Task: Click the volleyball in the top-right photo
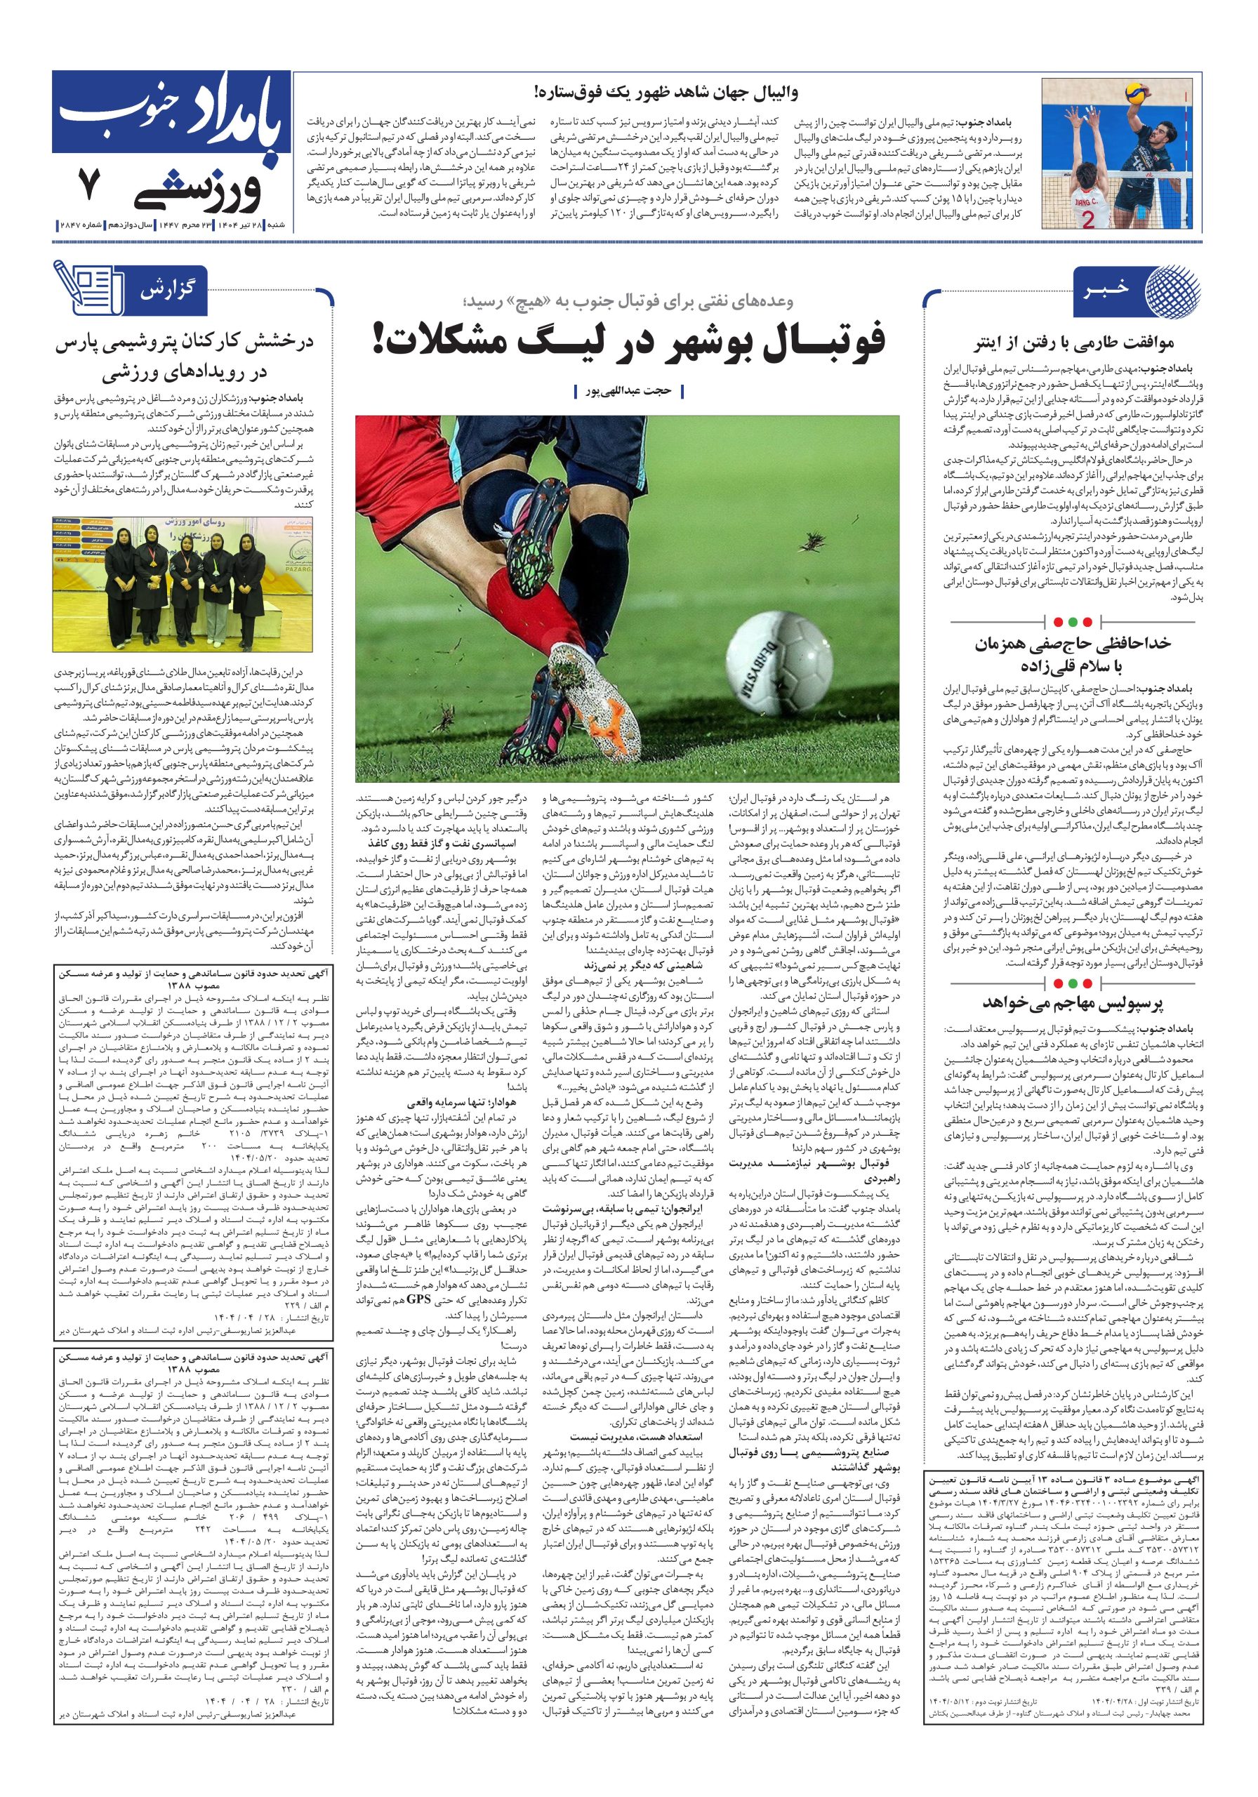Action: pyautogui.click(x=1135, y=95)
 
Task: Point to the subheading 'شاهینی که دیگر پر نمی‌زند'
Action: pyautogui.click(x=643, y=965)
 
